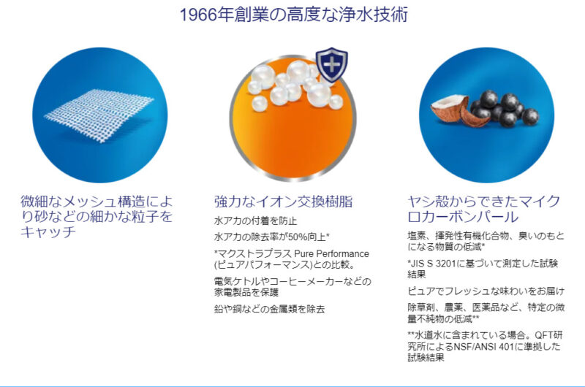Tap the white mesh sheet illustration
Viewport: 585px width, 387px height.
coord(99,115)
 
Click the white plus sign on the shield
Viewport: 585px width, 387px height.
coord(332,66)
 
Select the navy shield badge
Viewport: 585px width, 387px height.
coord(332,65)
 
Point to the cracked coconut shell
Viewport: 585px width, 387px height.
coord(450,110)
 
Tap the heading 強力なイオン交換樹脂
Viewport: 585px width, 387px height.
coord(283,201)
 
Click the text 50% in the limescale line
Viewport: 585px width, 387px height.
coord(298,237)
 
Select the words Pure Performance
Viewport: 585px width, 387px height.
coord(332,254)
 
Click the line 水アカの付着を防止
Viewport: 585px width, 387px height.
coord(255,221)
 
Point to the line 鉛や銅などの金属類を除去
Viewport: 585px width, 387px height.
coord(269,309)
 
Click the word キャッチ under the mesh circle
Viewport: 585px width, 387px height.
coord(48,231)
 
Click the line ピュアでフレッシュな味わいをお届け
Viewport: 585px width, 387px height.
coord(486,291)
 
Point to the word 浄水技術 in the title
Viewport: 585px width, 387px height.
coord(374,15)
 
